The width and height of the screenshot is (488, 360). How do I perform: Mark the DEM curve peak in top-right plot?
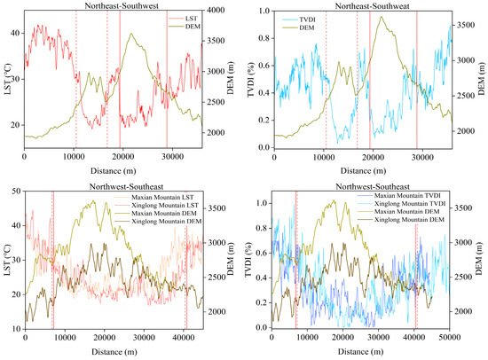pos(382,17)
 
